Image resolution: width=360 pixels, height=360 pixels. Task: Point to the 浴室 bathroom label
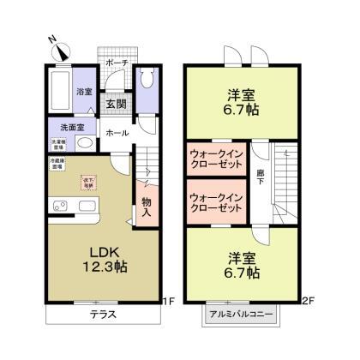[85, 92]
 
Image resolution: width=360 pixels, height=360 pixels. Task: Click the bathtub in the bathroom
[59, 90]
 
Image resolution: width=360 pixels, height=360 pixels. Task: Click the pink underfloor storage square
[88, 182]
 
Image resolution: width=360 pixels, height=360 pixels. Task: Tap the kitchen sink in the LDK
[59, 206]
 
